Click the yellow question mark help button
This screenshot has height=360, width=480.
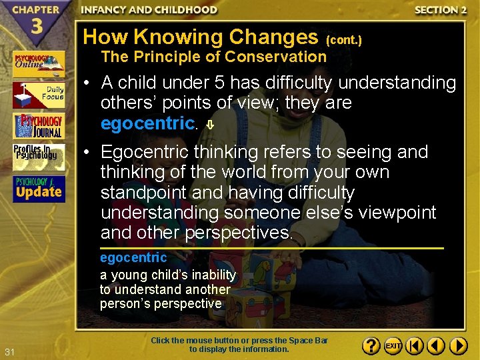372,346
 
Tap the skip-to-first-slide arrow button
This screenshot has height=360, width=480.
415,346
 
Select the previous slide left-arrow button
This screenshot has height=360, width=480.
437,346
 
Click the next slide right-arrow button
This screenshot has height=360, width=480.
459,346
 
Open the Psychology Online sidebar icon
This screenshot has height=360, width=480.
39,64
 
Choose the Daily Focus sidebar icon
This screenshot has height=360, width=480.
39,95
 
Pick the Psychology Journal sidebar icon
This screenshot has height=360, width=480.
39,126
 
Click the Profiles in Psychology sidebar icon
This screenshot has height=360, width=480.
39,157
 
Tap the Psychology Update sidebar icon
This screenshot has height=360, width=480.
39,189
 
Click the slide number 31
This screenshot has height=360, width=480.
9,351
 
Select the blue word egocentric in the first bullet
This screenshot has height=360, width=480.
147,124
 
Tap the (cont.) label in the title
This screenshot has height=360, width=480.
343,40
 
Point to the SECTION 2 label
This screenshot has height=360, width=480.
437,10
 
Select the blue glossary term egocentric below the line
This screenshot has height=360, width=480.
133,258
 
